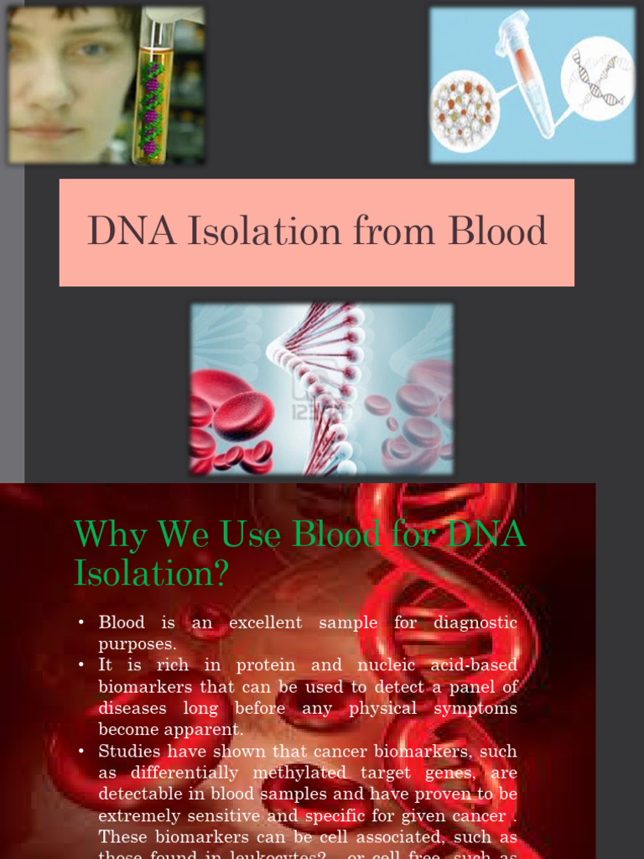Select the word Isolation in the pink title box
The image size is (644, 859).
click(265, 232)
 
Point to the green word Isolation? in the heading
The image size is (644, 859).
click(151, 573)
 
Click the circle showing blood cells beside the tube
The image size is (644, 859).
click(465, 109)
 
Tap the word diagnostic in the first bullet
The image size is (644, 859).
click(475, 622)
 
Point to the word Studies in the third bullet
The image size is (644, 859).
click(128, 751)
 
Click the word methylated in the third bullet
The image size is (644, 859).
click(258, 773)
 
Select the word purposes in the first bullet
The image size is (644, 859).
click(138, 644)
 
